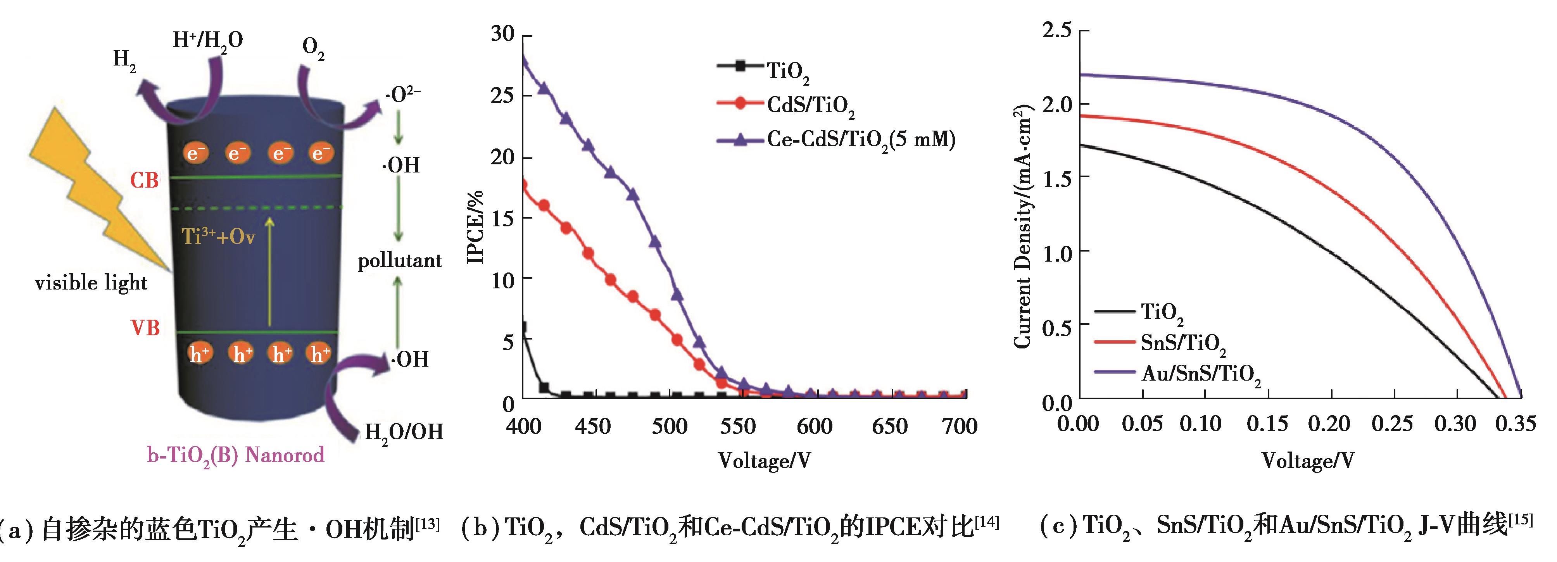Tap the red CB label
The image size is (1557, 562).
pyautogui.click(x=145, y=180)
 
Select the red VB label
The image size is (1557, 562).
pyautogui.click(x=145, y=328)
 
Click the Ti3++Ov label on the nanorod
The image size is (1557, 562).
pyautogui.click(x=218, y=236)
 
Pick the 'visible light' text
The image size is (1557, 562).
pyautogui.click(x=91, y=283)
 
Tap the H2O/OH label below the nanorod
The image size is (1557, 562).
pyautogui.click(x=404, y=432)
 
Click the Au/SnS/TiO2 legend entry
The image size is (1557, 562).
pyautogui.click(x=1200, y=374)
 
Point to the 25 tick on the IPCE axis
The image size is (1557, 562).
pyautogui.click(x=503, y=95)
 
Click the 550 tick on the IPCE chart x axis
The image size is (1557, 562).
pyautogui.click(x=737, y=427)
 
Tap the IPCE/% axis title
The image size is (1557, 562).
pyautogui.click(x=476, y=227)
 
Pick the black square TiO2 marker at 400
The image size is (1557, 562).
pyautogui.click(x=523, y=327)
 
